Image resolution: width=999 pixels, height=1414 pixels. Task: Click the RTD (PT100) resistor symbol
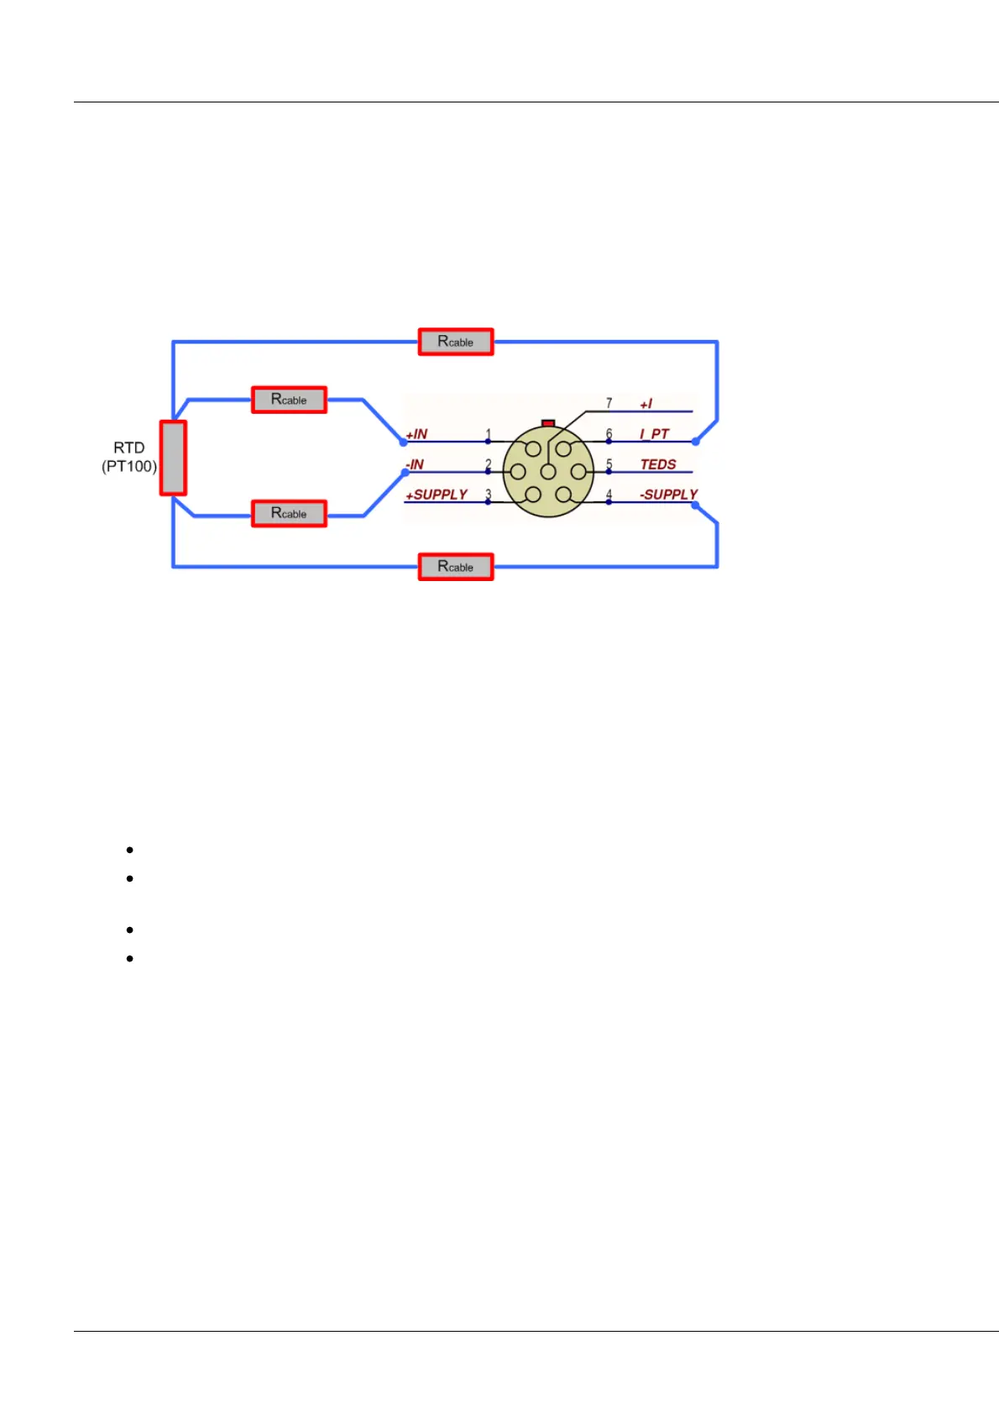pyautogui.click(x=173, y=458)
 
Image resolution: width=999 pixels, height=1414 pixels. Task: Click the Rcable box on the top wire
pyautogui.click(x=456, y=342)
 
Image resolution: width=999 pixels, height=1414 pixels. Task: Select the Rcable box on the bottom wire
pyautogui.click(x=456, y=567)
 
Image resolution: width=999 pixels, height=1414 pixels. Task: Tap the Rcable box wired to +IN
pyautogui.click(x=289, y=400)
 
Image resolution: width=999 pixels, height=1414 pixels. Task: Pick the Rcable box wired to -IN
pyautogui.click(x=289, y=513)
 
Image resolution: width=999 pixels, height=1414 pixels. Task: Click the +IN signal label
pyautogui.click(x=417, y=434)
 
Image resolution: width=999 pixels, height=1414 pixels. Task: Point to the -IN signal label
pyautogui.click(x=416, y=464)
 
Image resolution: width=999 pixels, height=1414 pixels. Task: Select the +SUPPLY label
pyautogui.click(x=437, y=495)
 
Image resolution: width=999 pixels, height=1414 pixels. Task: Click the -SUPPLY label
pyautogui.click(x=668, y=495)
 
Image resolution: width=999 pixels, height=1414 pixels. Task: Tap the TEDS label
pyautogui.click(x=658, y=464)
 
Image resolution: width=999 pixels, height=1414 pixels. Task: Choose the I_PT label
pyautogui.click(x=655, y=434)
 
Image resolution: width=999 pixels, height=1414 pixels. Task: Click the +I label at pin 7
pyautogui.click(x=646, y=404)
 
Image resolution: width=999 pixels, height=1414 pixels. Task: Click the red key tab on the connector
pyautogui.click(x=548, y=423)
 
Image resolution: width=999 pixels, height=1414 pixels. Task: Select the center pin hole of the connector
pyautogui.click(x=548, y=472)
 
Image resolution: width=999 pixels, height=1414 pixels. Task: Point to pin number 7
pyautogui.click(x=609, y=403)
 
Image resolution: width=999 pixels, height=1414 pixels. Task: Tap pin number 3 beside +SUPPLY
pyautogui.click(x=489, y=494)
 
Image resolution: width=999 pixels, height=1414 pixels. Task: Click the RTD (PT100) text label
pyautogui.click(x=129, y=457)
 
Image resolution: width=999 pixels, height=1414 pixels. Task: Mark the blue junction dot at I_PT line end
pyautogui.click(x=695, y=441)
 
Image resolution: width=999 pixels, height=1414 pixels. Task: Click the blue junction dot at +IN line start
pyautogui.click(x=404, y=442)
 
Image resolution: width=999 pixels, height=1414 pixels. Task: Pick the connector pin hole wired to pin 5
pyautogui.click(x=578, y=472)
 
